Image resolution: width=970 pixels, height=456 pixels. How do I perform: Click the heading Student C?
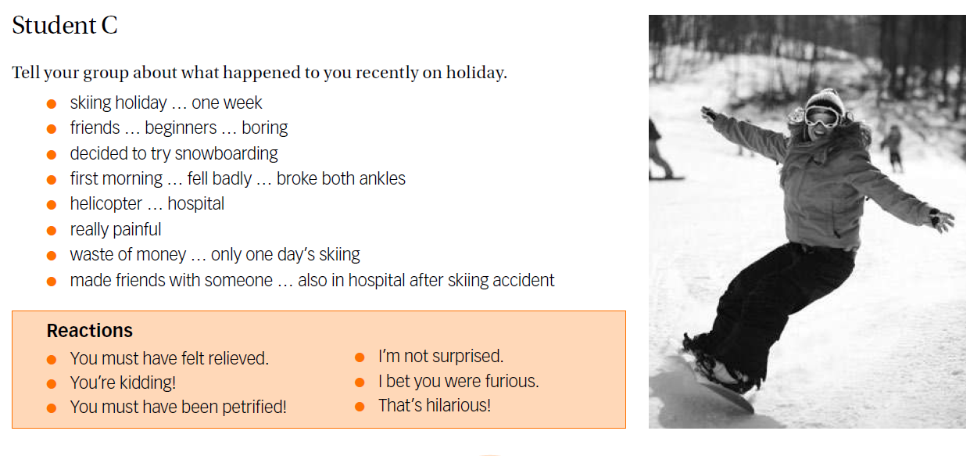[65, 25]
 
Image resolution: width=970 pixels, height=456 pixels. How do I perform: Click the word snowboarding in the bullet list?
[226, 153]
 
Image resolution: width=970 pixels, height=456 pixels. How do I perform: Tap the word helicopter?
[106, 203]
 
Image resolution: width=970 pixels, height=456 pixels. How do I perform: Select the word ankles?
[382, 178]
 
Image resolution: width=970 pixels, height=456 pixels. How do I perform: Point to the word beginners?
[181, 128]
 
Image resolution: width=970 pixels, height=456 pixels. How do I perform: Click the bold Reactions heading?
[90, 330]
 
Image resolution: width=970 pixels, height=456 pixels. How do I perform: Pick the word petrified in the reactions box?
[254, 407]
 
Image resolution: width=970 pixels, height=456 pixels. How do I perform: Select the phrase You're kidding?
[123, 382]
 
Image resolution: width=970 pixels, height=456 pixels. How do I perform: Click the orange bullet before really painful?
[52, 230]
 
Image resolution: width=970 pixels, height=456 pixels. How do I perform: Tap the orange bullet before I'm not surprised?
[360, 357]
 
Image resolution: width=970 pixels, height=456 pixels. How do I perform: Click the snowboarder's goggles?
[821, 117]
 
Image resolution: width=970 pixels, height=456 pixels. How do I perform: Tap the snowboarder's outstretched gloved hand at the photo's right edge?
[941, 221]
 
